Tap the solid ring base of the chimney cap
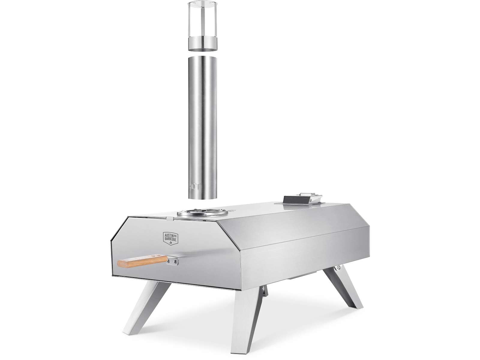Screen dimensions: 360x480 point(202,44)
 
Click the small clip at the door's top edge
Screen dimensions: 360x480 point(170,218)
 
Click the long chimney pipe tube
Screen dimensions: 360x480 point(202,126)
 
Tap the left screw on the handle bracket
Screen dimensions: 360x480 point(169,263)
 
